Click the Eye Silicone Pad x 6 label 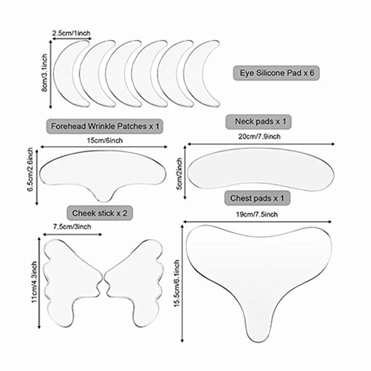click(276, 73)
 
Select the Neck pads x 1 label click(258, 122)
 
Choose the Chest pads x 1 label click(257, 198)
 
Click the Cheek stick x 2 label click(100, 213)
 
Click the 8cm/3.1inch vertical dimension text click(45, 75)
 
